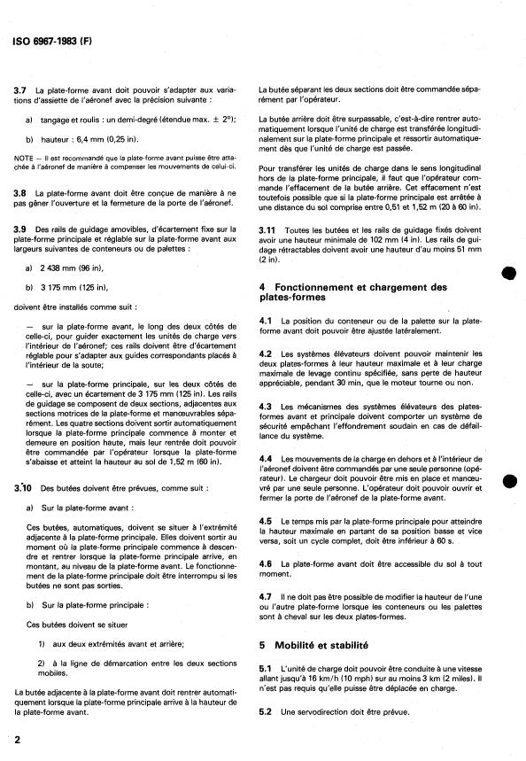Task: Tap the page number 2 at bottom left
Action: pos(17,739)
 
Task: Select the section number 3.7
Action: pos(19,92)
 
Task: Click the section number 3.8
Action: pos(19,192)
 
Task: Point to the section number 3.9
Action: pos(19,229)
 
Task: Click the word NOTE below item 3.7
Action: pos(24,155)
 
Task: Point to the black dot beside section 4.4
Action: pos(507,478)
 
